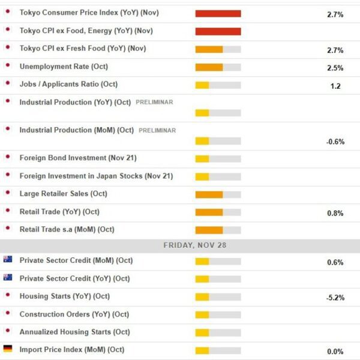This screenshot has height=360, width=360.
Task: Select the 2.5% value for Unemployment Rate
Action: coord(335,68)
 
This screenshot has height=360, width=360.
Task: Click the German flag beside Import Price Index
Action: coord(8,349)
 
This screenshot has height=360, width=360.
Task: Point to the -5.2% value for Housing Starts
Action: coord(335,298)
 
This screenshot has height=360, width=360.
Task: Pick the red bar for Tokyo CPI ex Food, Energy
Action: coord(218,31)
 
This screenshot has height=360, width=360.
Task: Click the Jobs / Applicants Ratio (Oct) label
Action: coord(68,84)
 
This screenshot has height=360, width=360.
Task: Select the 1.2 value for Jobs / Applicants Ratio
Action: coord(335,86)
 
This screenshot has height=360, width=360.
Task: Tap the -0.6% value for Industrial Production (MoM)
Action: coord(335,142)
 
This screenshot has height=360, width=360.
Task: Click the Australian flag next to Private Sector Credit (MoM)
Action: coord(8,260)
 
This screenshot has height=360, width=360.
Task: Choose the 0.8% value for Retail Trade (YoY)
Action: coord(335,213)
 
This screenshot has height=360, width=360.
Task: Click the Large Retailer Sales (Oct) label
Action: coord(63,194)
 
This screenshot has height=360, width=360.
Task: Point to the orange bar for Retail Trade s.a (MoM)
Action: coord(209,230)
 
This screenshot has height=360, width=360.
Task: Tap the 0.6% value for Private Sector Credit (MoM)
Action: coord(335,262)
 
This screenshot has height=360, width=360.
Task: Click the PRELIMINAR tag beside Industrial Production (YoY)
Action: coord(154,102)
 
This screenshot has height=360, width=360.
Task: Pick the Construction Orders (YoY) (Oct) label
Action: coord(74,314)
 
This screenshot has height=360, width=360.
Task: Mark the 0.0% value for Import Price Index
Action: coord(335,352)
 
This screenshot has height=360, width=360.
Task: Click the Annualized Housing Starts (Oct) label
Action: coord(74,332)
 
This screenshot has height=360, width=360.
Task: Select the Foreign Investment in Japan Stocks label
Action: coord(96,176)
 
